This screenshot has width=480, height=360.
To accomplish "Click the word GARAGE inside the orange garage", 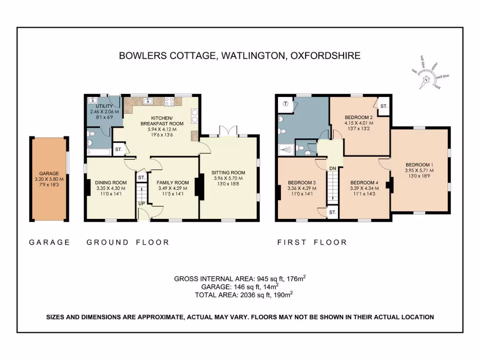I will click(49, 173).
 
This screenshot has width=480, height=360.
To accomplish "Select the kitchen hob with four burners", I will click(169, 100).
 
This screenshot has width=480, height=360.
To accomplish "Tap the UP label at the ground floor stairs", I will click(141, 204).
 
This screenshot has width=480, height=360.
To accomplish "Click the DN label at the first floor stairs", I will click(332, 168).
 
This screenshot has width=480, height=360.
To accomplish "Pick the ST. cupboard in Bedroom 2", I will click(383, 106).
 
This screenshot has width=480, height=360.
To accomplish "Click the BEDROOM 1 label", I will click(419, 165).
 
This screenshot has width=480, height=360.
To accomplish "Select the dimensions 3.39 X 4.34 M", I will click(364, 188).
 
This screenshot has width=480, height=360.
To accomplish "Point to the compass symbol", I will click(426, 80).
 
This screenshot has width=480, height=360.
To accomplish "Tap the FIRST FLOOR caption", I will click(312, 242).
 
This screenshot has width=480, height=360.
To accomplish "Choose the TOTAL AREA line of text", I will click(244, 295).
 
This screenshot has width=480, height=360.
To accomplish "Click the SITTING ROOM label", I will click(228, 172).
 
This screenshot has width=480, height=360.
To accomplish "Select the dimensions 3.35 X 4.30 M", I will click(111, 188).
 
